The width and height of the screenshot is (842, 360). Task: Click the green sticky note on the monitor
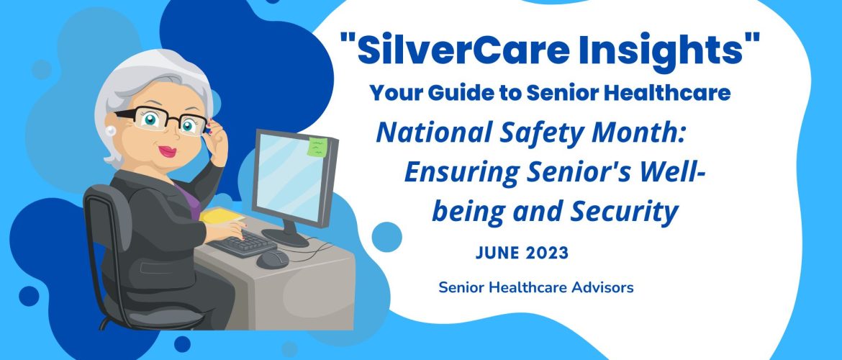click(317, 147)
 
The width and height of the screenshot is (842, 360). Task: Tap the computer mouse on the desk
click(273, 259)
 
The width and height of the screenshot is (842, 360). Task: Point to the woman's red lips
click(168, 152)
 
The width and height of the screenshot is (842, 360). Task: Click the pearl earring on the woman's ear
click(112, 130)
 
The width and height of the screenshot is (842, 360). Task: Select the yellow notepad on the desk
click(222, 215)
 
